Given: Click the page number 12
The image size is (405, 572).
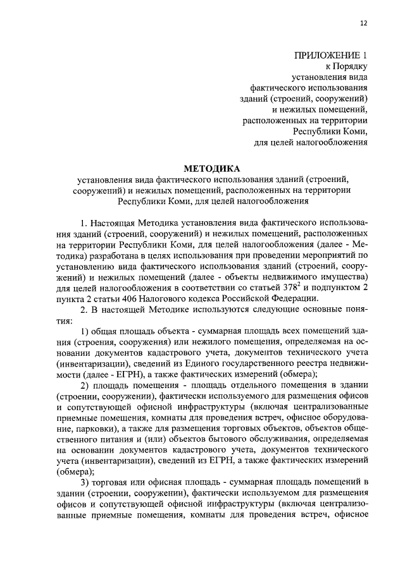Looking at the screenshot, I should point(363,23).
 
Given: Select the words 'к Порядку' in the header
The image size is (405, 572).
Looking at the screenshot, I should point(346,66).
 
